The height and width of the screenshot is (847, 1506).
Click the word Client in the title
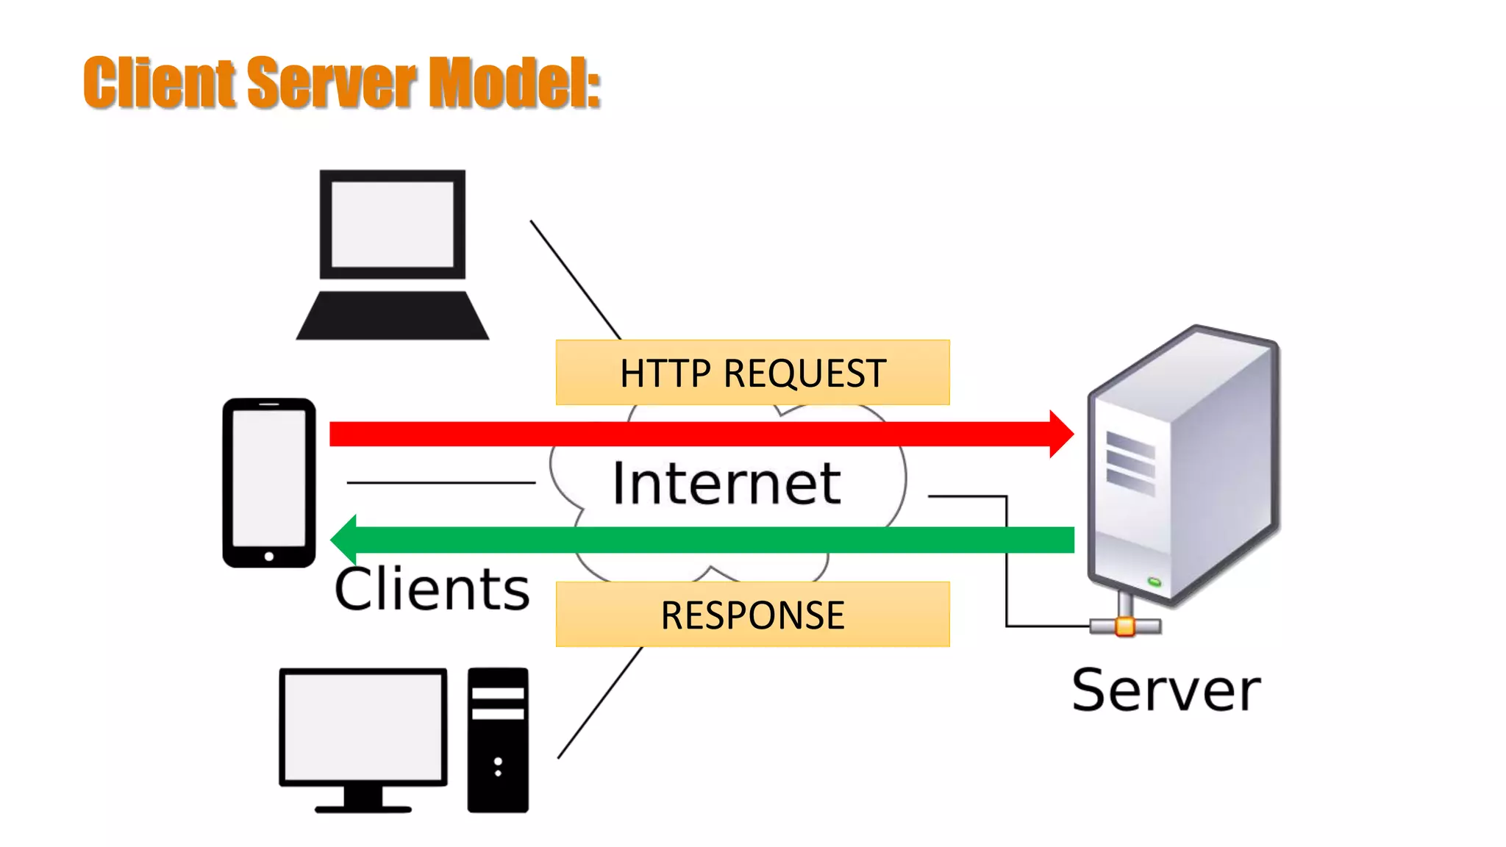pos(158,82)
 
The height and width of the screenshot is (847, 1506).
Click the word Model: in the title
pos(514,82)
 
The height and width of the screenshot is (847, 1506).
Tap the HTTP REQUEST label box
pos(752,372)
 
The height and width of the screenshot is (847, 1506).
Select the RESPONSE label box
pos(752,614)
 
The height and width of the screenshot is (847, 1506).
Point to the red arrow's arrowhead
pos(1061,434)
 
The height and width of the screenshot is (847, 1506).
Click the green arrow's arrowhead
pos(344,540)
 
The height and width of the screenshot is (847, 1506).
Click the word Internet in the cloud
pos(726,483)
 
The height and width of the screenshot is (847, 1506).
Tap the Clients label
pos(432,589)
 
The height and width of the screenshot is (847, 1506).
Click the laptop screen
pos(392,224)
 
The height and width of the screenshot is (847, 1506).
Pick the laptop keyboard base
pos(392,316)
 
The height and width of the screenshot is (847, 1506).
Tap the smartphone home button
pos(269,557)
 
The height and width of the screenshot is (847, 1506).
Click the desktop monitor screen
pos(363,726)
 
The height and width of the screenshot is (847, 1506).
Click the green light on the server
pos(1155,582)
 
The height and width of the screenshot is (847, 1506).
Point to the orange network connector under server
pos(1124,626)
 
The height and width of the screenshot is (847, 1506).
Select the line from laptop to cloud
pos(575,279)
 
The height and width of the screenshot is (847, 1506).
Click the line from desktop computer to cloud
pos(599,703)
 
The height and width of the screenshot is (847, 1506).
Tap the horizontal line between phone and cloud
pos(441,482)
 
